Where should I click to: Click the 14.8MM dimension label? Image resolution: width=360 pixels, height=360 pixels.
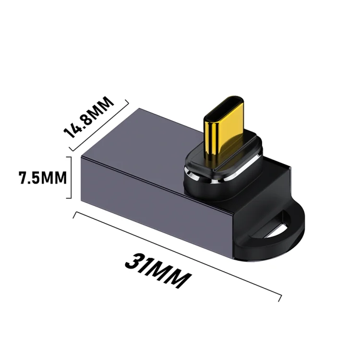[89, 117]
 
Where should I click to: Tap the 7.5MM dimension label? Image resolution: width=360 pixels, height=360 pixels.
[42, 178]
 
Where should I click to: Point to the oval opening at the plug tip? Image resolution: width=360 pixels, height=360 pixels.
[224, 107]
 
